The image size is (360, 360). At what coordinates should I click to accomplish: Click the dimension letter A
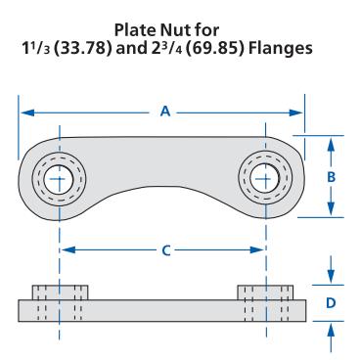[165, 112]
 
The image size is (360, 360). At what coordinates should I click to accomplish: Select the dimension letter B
[331, 177]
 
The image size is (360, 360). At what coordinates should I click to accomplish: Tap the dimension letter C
[166, 250]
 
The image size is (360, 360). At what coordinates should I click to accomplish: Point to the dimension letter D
[331, 303]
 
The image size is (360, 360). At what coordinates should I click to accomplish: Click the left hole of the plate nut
[59, 179]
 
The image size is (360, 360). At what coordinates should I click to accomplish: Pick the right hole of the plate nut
[264, 178]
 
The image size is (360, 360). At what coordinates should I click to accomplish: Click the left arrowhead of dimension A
[27, 112]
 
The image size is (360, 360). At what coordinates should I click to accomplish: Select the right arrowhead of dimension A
[296, 112]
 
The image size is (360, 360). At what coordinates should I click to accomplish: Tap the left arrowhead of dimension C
[68, 250]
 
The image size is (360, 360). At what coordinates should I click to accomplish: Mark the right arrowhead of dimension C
[256, 250]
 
